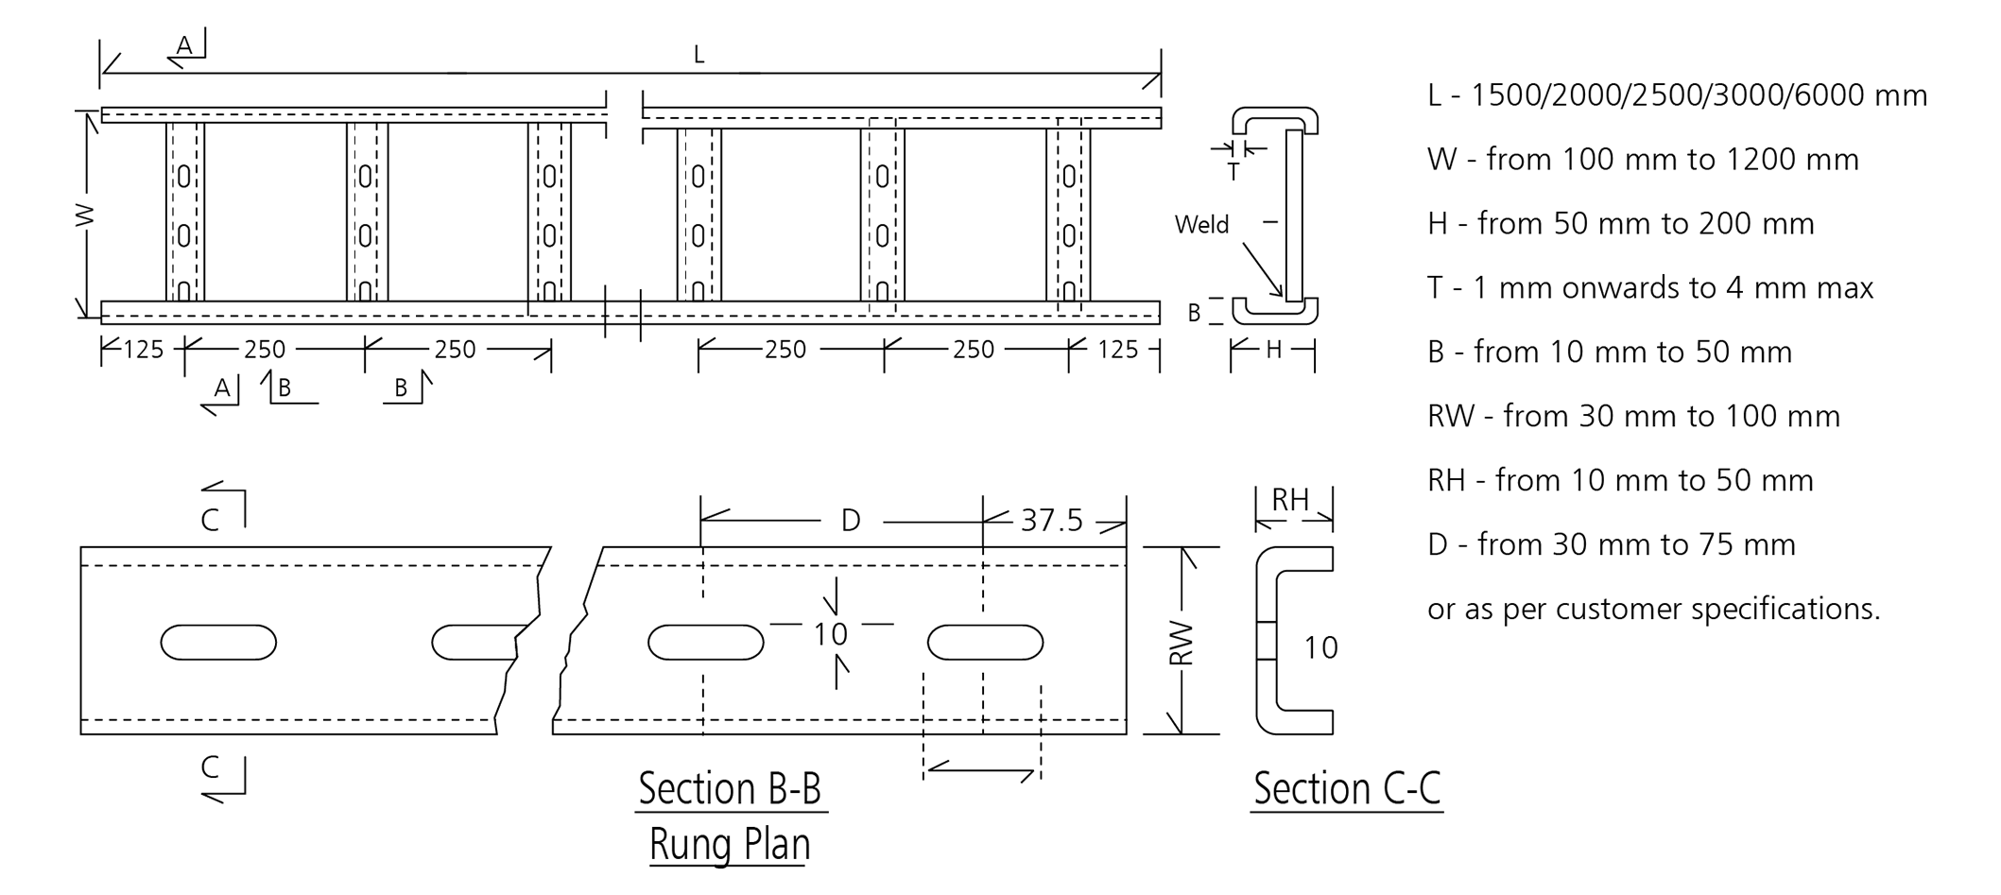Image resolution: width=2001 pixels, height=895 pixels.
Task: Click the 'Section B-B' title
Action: coord(730,788)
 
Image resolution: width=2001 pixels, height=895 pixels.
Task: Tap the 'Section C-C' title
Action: coord(1347,788)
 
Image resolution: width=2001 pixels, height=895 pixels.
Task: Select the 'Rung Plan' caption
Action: coord(730,844)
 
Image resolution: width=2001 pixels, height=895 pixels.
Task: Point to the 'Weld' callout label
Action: coord(1201,225)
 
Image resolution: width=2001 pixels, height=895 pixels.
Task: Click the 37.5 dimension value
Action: coord(1051,520)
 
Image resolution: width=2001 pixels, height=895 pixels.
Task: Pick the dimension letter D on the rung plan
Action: coord(851,520)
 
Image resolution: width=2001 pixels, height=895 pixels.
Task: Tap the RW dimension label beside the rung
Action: coord(1182,643)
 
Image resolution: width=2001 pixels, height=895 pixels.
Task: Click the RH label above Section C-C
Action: coord(1290,500)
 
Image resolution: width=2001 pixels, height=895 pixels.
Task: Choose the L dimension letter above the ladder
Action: coord(699,55)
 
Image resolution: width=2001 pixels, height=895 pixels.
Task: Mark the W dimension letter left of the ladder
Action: coord(85,215)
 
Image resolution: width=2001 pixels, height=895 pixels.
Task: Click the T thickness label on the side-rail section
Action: coord(1233,172)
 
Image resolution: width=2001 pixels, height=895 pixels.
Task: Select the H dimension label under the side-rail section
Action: coord(1273,351)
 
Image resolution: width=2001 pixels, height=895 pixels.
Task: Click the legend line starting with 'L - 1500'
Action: coord(1677,95)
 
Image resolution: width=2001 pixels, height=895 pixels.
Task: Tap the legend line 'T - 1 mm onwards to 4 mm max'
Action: coord(1650,287)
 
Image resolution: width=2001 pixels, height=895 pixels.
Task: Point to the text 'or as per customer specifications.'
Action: coord(1654,609)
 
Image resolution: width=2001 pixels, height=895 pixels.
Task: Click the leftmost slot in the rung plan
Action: coord(218,643)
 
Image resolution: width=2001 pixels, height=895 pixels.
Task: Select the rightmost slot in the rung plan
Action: coord(985,643)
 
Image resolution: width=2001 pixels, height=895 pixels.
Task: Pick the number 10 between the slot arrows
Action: coord(831,634)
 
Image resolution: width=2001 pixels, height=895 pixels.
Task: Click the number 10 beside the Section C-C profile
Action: coord(1320,648)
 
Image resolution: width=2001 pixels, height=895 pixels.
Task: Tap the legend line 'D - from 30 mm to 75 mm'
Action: coord(1612,544)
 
